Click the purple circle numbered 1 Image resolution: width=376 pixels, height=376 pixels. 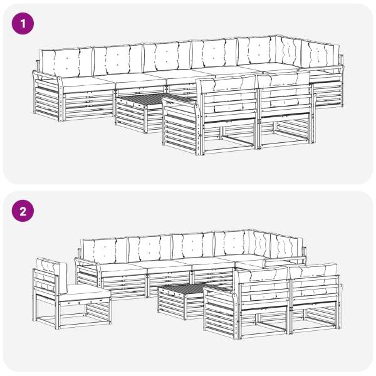(x=23, y=24)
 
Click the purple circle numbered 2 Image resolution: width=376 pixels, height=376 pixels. (x=23, y=211)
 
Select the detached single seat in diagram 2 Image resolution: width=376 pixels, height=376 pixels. (x=71, y=293)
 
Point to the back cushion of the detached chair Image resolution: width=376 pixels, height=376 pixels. (x=51, y=275)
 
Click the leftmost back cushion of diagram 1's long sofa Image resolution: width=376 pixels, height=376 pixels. (x=66, y=62)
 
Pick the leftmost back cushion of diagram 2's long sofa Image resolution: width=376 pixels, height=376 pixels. (x=105, y=250)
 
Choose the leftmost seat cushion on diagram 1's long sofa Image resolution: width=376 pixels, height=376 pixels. (x=88, y=84)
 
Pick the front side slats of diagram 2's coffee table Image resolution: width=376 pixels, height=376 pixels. (x=172, y=303)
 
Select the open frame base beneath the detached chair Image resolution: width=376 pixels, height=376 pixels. (x=72, y=315)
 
